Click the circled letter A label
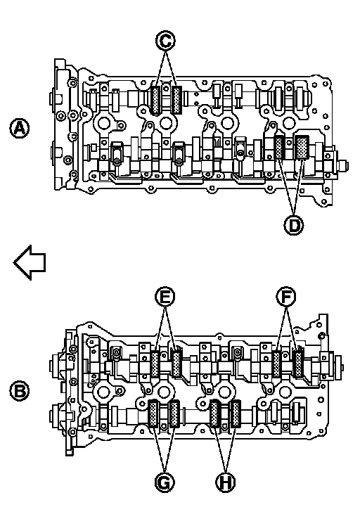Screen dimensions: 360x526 coord(20,128)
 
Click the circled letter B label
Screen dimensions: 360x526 coord(20,391)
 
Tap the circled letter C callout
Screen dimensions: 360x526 coord(165,41)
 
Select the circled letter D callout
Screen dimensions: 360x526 coord(294,225)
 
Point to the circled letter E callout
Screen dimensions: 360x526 coord(165,297)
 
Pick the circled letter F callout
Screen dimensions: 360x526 coord(286,297)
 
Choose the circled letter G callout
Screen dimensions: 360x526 coord(165,482)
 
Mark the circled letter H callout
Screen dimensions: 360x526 coord(226,482)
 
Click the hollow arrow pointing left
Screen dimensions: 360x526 coord(30,262)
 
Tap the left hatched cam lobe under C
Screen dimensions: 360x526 coord(155,100)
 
